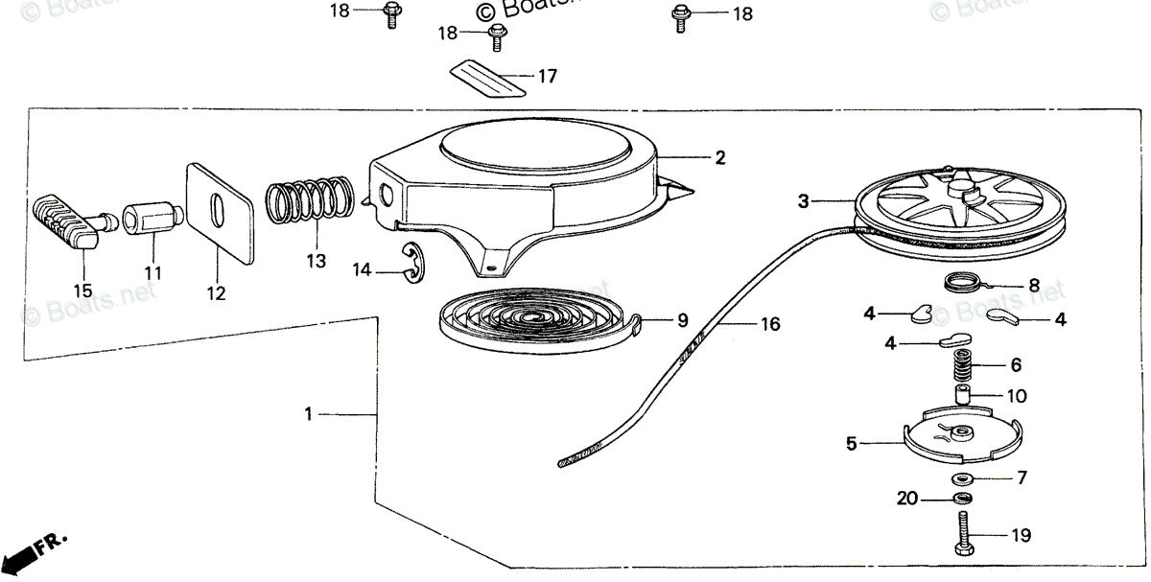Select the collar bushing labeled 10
tap(961, 395)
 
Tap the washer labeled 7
tap(962, 477)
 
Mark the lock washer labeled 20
tap(961, 499)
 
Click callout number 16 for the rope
tap(770, 325)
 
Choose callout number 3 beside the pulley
tap(804, 201)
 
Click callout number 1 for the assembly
tap(308, 414)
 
